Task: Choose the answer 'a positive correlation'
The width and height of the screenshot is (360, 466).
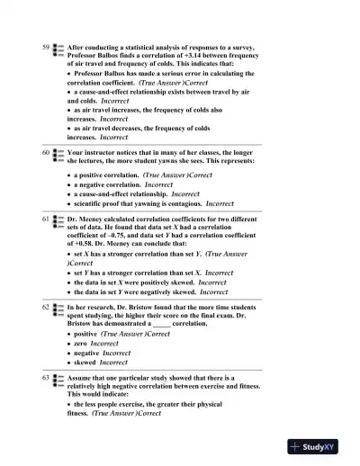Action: click(x=107, y=175)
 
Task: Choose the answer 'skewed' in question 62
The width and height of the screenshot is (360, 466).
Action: click(x=85, y=363)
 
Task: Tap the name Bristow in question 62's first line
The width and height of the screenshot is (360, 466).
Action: click(x=161, y=308)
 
